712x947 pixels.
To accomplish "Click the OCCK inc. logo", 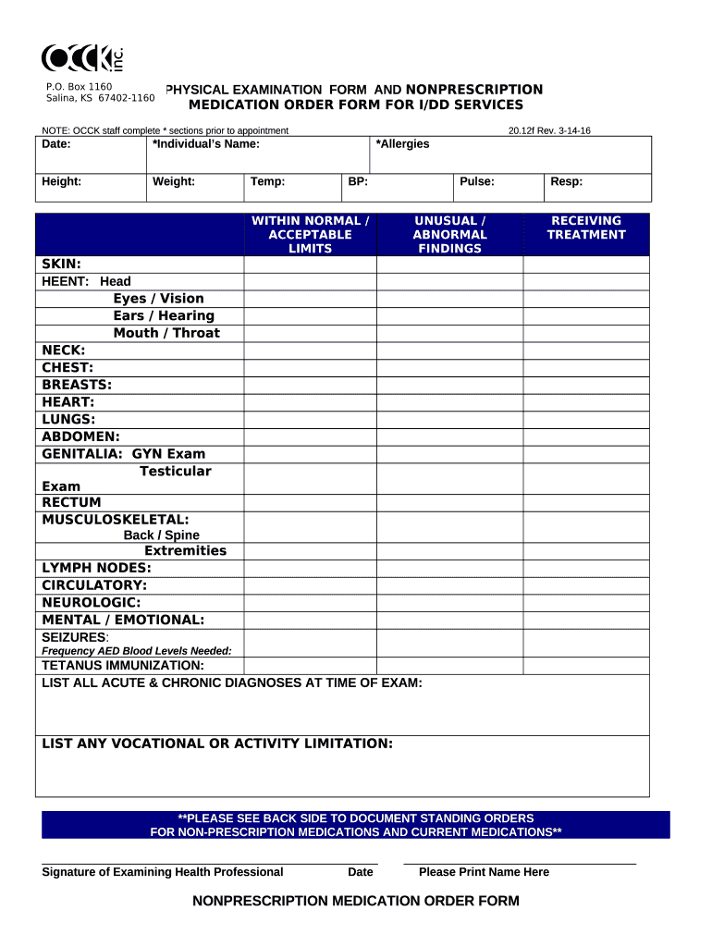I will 83,58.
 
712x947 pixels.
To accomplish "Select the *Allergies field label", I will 402,144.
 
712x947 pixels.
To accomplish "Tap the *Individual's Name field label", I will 206,144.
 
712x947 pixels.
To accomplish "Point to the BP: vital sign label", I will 358,182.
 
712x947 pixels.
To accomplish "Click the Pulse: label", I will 477,182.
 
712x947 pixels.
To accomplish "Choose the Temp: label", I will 267,182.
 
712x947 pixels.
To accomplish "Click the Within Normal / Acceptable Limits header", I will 310,235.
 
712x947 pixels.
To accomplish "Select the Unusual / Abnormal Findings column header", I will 449,235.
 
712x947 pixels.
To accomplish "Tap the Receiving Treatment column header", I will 586,228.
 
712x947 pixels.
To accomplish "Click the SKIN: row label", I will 61,264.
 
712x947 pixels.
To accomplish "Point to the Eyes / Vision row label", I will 158,299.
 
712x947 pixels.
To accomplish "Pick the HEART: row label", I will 68,402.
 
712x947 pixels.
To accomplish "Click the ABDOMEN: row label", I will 80,437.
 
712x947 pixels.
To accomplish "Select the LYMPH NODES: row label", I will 96,568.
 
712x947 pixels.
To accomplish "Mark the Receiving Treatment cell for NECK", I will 586,351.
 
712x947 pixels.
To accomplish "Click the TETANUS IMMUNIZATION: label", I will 123,666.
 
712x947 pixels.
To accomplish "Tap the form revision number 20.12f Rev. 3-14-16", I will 549,130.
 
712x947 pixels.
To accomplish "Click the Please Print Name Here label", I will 484,872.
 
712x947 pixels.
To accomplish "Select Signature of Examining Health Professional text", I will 163,872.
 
